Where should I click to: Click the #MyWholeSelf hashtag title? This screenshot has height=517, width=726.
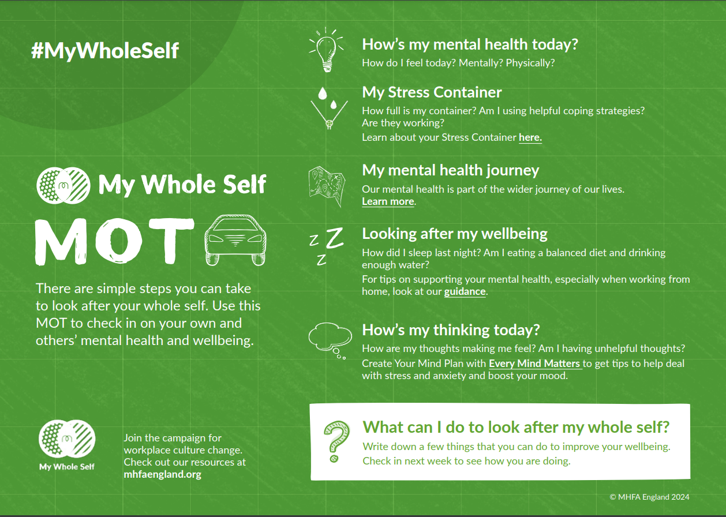pyautogui.click(x=104, y=51)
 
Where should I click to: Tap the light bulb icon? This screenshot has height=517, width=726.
pyautogui.click(x=327, y=50)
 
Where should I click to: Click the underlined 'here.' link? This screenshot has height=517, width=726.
pyautogui.click(x=530, y=137)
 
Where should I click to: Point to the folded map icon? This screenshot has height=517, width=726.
pyautogui.click(x=327, y=186)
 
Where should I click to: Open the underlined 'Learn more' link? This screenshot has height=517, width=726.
pyautogui.click(x=388, y=201)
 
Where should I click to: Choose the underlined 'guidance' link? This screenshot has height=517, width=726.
pyautogui.click(x=465, y=291)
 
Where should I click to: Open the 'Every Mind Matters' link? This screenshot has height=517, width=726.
pyautogui.click(x=535, y=364)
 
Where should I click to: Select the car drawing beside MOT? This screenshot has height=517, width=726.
pyautogui.click(x=235, y=240)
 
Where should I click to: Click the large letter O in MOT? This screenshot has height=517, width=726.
pyautogui.click(x=119, y=241)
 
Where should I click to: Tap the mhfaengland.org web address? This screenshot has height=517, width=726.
pyautogui.click(x=162, y=474)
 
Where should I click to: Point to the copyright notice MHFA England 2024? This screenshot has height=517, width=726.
pyautogui.click(x=649, y=497)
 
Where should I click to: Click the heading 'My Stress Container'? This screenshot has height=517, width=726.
pyautogui.click(x=432, y=92)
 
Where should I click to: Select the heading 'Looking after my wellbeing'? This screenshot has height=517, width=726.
pyautogui.click(x=455, y=234)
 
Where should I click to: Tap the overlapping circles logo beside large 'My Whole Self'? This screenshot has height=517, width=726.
pyautogui.click(x=63, y=185)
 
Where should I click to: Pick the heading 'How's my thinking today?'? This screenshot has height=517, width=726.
pyautogui.click(x=451, y=330)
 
